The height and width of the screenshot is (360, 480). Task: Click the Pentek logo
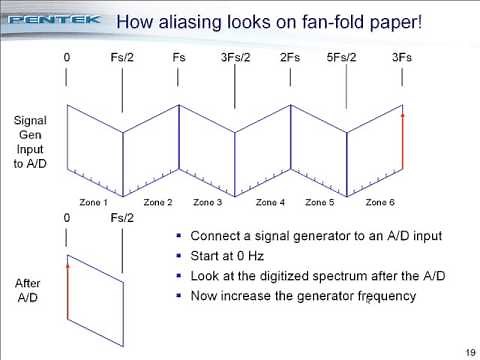click(50, 19)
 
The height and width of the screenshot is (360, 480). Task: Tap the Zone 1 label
click(93, 202)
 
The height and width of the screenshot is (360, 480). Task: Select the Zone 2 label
click(158, 202)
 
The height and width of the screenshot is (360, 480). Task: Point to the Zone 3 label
click(208, 202)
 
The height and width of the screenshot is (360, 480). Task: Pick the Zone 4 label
click(269, 202)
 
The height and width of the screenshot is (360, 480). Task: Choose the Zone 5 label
click(320, 202)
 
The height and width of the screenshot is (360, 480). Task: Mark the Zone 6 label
click(380, 202)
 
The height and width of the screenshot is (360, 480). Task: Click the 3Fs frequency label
click(402, 58)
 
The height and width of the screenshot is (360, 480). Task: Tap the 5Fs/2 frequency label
click(347, 58)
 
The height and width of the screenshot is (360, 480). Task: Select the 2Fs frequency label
click(291, 58)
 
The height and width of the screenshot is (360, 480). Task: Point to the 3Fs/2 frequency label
click(234, 58)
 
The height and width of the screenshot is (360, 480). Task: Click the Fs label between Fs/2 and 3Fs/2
click(179, 58)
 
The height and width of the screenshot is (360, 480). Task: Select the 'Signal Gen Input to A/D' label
click(29, 142)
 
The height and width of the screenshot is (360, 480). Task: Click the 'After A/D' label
click(30, 289)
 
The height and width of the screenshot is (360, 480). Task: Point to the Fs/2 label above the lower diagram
click(122, 217)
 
